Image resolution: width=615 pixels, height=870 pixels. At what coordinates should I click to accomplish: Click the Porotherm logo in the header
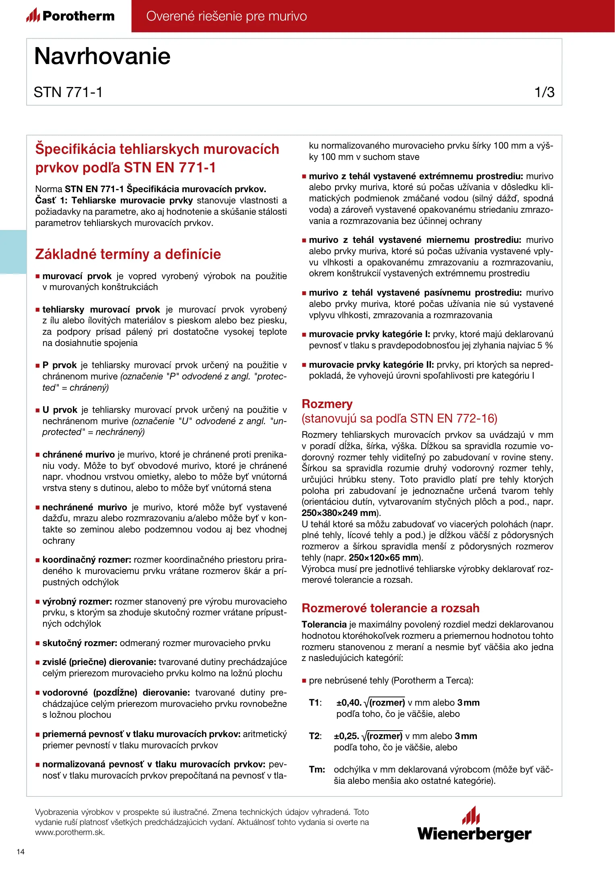point(70,16)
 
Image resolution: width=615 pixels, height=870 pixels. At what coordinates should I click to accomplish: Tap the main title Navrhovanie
point(102,56)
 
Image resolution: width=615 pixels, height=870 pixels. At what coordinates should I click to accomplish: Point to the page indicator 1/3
point(544,92)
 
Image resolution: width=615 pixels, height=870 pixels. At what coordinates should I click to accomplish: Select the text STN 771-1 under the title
point(68,92)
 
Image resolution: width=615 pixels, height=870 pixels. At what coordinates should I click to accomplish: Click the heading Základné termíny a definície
point(128,254)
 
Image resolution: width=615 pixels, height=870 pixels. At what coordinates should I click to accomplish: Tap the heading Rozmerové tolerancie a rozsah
point(390,608)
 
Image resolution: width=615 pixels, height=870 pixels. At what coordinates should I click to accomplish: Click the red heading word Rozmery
point(327,404)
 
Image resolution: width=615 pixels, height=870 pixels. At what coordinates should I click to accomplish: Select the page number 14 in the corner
point(21,851)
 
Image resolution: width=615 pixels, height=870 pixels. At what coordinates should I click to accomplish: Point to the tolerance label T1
point(315,702)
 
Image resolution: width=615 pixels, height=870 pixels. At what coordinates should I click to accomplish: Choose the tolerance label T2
point(315,736)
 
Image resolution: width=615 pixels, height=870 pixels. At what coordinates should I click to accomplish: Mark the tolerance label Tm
point(317,769)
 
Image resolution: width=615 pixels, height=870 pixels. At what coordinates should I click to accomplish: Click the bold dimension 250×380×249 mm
point(339,513)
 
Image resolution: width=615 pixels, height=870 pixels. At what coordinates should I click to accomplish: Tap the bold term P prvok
point(60,365)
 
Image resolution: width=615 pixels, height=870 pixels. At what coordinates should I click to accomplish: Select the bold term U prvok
point(60,410)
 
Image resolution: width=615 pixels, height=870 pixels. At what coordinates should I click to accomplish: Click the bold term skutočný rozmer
point(80,643)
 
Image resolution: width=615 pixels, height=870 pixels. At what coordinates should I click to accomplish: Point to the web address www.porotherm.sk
point(70,832)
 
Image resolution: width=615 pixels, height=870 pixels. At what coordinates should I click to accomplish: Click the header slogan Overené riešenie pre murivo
point(226,16)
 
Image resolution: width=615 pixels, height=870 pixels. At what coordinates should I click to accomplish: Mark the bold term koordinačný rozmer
point(87,559)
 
